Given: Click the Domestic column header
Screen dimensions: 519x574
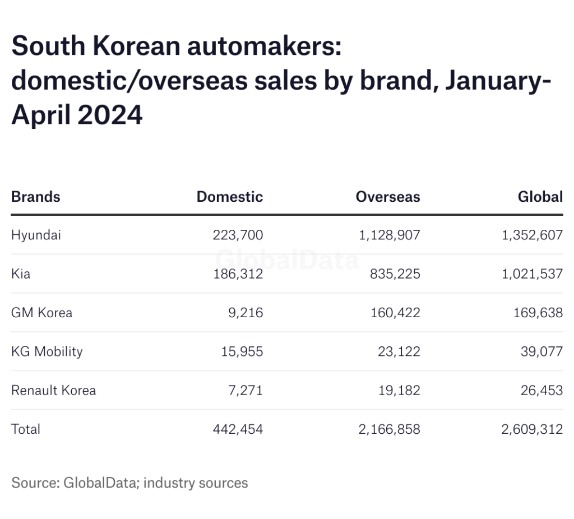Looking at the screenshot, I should pos(229,197).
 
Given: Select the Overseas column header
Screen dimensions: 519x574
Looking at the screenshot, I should pos(387,197).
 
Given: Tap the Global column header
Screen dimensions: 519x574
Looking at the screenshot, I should pos(540,197).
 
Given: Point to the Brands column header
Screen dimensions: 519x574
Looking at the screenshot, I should pos(35,197).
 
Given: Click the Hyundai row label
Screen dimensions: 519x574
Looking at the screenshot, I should pos(36,235).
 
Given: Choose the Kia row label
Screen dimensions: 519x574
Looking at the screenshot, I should pos(21,274).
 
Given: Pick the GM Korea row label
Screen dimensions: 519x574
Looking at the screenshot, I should pos(41,312).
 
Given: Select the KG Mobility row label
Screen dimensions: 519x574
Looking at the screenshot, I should pos(47,351).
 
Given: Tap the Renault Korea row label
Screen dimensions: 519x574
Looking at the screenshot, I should pos(53,390).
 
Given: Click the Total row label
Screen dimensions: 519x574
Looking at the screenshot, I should pos(26,429).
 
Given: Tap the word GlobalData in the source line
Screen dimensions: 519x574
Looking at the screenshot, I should pos(99,483).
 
